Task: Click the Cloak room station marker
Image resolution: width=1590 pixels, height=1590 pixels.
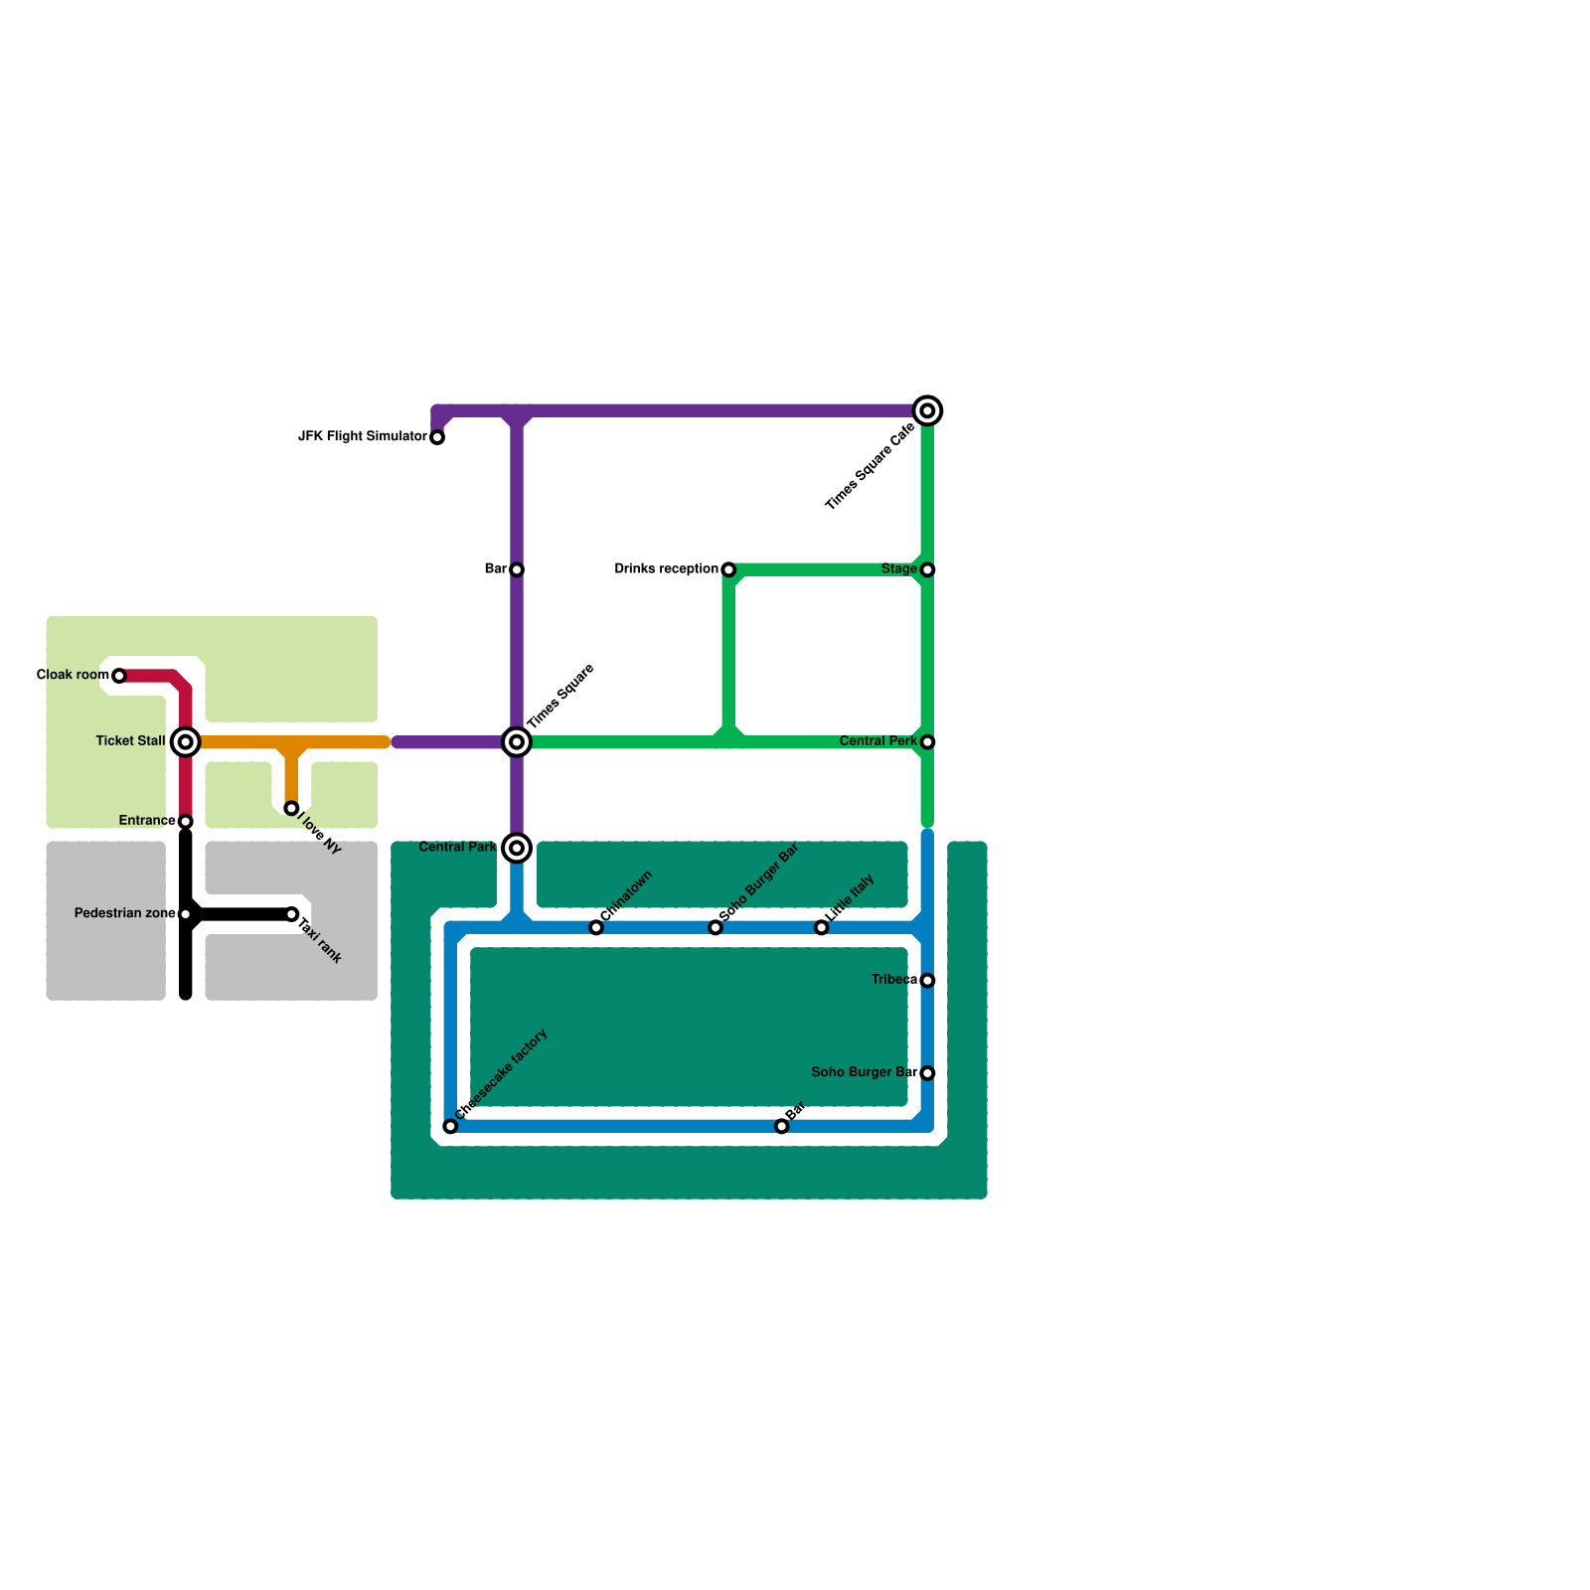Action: point(119,676)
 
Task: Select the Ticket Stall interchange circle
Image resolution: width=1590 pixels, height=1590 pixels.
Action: point(186,742)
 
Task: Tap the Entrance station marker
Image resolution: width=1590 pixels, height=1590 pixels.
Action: point(186,822)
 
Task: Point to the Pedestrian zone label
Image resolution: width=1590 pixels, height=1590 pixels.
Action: point(124,914)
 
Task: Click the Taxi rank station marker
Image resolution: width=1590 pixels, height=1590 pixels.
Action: point(291,914)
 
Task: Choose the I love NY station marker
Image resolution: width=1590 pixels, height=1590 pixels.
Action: point(291,809)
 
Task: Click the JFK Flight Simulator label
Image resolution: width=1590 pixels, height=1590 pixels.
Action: point(363,437)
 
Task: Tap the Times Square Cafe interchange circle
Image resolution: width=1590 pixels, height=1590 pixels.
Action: point(927,411)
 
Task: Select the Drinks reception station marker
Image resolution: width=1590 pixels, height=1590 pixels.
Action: point(728,570)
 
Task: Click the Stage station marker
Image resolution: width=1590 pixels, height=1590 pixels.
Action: point(927,570)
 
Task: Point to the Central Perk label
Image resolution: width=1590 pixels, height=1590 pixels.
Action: point(877,741)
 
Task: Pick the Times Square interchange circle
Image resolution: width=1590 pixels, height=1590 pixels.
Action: point(517,742)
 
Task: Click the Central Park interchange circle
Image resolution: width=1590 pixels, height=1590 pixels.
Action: point(517,849)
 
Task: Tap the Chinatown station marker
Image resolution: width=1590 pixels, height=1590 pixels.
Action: point(596,928)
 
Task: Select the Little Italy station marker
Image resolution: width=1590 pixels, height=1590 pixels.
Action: point(821,928)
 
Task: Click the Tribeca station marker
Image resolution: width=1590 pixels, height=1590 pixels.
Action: point(927,981)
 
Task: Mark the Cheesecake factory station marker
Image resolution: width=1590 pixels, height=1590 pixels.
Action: point(450,1127)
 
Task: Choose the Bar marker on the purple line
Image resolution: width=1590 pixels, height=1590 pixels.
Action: point(517,570)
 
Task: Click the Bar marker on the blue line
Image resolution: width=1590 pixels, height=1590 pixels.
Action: point(782,1127)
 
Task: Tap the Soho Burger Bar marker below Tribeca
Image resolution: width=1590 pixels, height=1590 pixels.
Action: point(927,1073)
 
